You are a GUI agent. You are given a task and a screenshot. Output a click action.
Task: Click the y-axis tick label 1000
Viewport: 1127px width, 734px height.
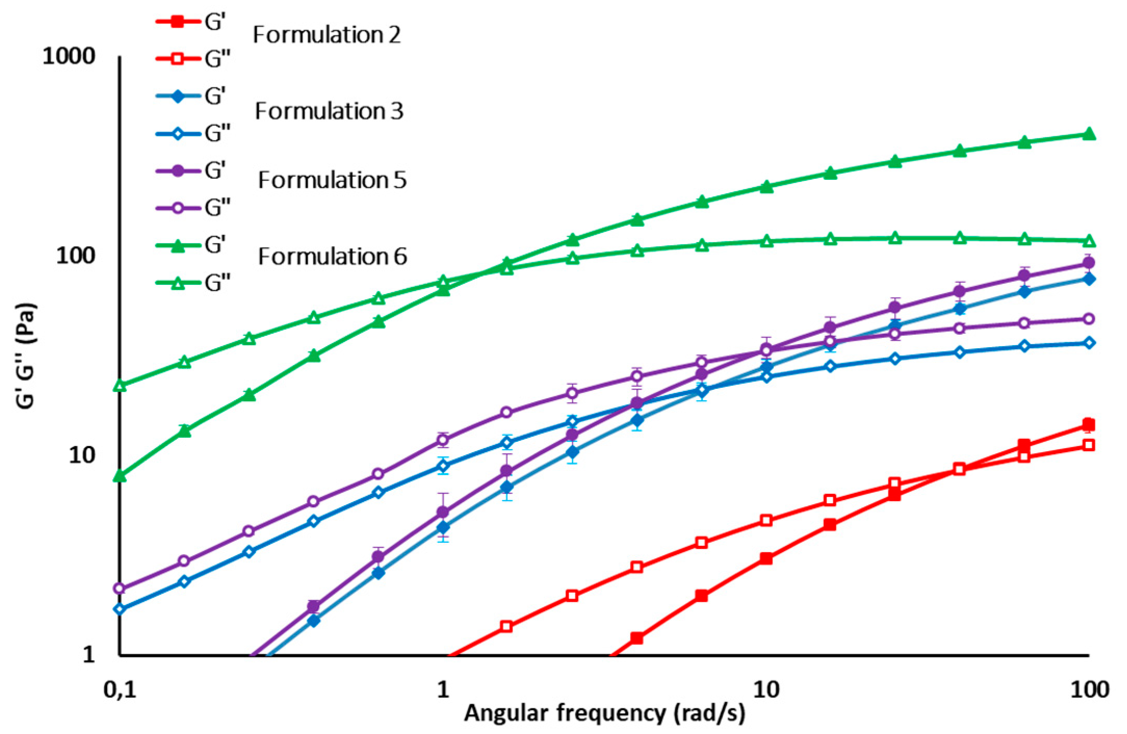(x=69, y=56)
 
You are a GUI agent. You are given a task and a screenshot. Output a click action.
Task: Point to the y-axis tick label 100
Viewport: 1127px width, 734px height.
(x=76, y=255)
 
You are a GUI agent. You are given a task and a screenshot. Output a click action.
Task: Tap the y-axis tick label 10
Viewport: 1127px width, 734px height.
(x=82, y=455)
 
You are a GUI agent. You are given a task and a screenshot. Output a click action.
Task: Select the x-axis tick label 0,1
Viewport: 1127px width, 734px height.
(x=120, y=690)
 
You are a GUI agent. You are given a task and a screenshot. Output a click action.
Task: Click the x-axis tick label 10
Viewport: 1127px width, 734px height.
(x=766, y=690)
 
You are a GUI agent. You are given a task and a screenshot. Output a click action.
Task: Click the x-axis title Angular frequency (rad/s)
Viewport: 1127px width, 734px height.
(x=604, y=714)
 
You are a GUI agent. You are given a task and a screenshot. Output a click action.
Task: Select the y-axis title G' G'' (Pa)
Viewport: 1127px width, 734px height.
(x=26, y=356)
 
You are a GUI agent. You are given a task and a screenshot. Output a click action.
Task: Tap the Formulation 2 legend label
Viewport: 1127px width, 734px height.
(x=326, y=35)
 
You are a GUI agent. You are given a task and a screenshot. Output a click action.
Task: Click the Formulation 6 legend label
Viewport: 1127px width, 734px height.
(x=332, y=257)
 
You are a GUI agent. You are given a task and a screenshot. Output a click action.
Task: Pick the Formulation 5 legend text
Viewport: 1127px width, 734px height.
(x=332, y=180)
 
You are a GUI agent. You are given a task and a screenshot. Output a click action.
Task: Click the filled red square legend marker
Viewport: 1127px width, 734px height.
(x=178, y=22)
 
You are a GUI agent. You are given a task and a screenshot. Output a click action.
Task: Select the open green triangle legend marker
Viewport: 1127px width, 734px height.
(x=178, y=283)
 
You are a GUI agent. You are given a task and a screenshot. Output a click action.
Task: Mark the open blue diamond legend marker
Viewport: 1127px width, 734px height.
(x=178, y=134)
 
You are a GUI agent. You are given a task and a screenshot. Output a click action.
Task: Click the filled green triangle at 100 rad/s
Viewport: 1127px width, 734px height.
(x=1089, y=135)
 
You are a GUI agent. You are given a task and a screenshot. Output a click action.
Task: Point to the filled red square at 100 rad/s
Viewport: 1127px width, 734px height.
(x=1089, y=425)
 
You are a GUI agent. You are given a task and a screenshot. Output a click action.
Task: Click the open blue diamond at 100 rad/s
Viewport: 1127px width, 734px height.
(x=1089, y=343)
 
